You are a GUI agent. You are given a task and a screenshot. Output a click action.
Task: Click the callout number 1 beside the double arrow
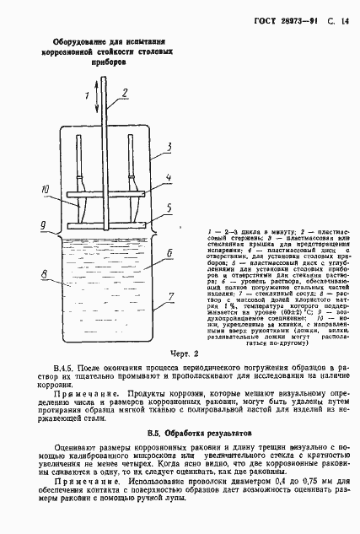86,96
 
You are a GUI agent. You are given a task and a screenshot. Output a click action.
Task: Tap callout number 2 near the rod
124,93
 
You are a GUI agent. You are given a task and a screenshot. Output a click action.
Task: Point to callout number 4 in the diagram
168,178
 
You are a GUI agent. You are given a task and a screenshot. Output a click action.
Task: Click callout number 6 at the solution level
169,252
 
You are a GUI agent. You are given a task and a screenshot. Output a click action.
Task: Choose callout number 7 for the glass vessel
169,296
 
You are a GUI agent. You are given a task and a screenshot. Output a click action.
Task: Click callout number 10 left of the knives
46,191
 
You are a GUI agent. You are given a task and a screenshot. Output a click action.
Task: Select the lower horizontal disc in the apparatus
108,226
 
